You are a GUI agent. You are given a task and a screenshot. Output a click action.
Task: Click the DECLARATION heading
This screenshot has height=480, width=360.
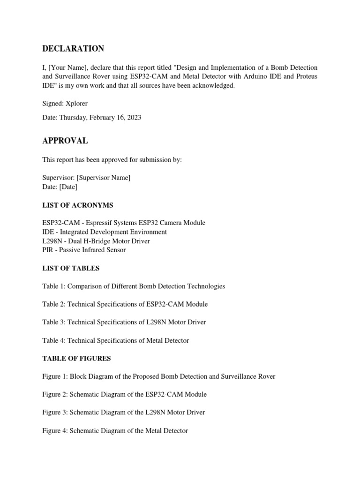73,49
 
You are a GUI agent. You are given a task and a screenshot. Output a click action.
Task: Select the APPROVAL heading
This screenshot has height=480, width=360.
65,141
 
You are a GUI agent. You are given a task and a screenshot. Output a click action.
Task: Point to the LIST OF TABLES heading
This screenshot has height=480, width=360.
71,269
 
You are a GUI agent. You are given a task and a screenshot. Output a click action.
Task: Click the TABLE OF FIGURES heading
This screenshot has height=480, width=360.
76,359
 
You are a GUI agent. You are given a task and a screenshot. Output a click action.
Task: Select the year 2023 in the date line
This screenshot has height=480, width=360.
133,118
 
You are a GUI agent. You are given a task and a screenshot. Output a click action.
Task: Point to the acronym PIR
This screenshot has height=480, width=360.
48,250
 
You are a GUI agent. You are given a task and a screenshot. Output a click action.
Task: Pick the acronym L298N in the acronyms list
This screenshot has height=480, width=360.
52,241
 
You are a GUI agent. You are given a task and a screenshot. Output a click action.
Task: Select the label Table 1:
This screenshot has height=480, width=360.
54,286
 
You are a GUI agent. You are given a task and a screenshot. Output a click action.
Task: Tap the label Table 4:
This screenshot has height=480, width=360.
54,341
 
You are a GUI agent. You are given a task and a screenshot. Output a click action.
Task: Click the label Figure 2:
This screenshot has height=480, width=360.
55,395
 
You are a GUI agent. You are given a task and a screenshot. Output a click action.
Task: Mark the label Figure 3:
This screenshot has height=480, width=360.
55,412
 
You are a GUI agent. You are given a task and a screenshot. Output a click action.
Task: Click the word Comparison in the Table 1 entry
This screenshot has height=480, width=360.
86,286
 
